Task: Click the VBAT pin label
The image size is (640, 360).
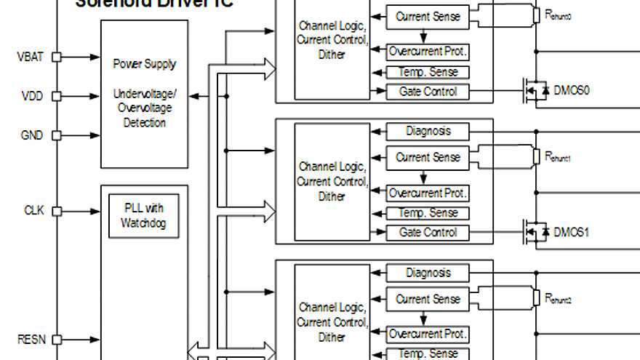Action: [x=31, y=57]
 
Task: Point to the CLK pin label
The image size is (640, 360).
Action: [x=33, y=211]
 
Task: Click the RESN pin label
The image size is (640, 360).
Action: [x=31, y=339]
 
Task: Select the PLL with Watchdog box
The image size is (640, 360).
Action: [x=143, y=215]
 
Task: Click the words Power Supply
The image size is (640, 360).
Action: [x=144, y=64]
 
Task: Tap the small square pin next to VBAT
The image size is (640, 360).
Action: [x=57, y=57]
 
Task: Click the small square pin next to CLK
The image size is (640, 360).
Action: [x=57, y=211]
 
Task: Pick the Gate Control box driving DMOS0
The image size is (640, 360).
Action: [x=428, y=92]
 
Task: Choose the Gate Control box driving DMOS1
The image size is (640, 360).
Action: [x=428, y=233]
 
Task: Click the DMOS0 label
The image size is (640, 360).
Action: [x=571, y=91]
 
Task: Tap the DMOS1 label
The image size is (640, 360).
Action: [x=571, y=232]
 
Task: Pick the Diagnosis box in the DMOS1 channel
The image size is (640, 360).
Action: [x=428, y=132]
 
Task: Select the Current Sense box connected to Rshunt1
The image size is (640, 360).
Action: [x=428, y=158]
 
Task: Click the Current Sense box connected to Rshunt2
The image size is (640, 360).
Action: [x=428, y=299]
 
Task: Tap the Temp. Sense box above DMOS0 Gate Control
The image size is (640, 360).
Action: [x=428, y=72]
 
